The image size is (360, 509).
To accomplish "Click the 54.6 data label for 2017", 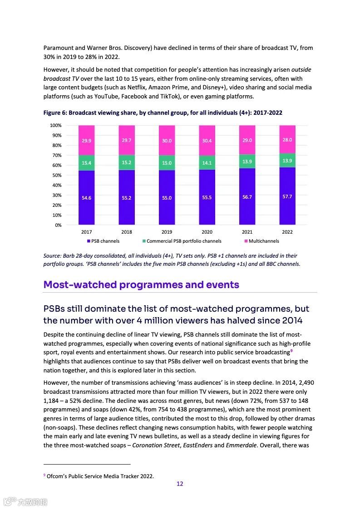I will [x=86, y=198].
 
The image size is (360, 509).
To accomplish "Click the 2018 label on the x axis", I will [x=127, y=232].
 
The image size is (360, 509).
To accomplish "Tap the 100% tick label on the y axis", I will [x=55, y=125].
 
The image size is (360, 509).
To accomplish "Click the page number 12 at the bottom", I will [x=180, y=484].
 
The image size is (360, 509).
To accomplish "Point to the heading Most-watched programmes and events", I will [x=141, y=285].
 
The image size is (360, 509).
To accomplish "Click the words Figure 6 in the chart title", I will [x=54, y=113].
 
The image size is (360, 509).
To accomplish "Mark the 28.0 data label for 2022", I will [x=287, y=140].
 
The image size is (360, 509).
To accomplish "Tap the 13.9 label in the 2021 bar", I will [x=247, y=162].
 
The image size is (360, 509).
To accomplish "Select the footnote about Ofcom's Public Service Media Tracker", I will [x=100, y=476].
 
